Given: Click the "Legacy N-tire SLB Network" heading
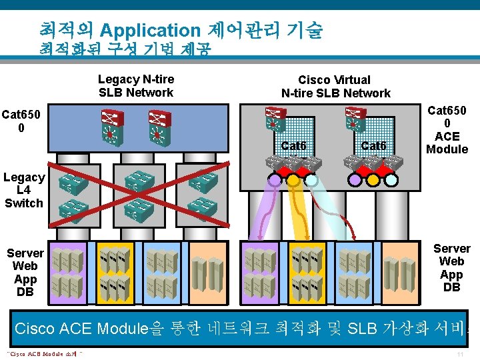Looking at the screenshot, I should pos(135,86).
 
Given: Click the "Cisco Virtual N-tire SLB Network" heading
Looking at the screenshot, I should pos(335,87).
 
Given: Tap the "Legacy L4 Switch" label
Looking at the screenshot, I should pos(24,190).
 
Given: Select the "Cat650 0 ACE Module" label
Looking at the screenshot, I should pos(447,130).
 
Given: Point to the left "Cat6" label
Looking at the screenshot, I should pos(293,145).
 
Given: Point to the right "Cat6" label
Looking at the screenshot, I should pos(373,145).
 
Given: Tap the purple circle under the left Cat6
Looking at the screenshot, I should pos(275,179).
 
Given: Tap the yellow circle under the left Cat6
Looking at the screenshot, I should pos(293,179).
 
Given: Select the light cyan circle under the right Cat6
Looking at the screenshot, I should pos(391,179).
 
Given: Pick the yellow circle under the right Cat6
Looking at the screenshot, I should pos(373,179).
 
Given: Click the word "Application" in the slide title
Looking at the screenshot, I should pos(150,30).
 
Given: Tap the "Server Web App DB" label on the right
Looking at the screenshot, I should pos(451,267).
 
